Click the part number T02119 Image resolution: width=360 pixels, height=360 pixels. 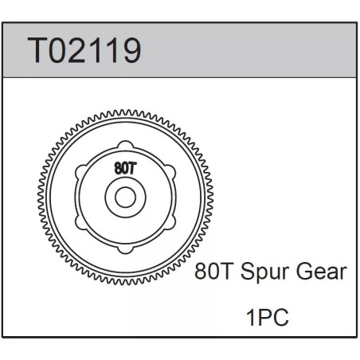[x=84, y=50]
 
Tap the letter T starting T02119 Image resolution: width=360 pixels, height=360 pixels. [x=37, y=50]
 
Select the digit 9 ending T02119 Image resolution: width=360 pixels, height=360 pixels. [x=131, y=50]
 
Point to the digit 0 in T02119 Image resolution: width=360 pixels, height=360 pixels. [x=57, y=50]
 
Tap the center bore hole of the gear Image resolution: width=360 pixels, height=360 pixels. [x=125, y=198]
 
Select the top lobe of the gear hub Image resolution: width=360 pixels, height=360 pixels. [x=125, y=146]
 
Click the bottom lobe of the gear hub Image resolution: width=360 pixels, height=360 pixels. [x=125, y=249]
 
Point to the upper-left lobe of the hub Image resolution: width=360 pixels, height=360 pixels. [x=80, y=171]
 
